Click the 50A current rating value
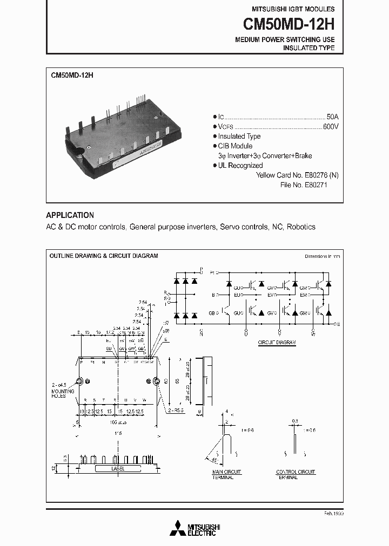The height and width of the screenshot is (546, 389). [x=332, y=117]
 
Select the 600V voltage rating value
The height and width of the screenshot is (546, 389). [x=330, y=126]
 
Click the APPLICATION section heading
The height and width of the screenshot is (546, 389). [x=70, y=215]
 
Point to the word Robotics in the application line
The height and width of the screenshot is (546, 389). [x=301, y=227]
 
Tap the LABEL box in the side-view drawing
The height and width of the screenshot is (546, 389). [x=117, y=469]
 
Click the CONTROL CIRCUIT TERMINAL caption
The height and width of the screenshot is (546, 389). [x=296, y=475]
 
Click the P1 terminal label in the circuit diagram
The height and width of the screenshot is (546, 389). [x=213, y=272]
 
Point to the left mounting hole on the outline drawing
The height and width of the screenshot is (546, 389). [x=79, y=381]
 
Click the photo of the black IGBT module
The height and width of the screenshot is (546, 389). [x=122, y=135]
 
